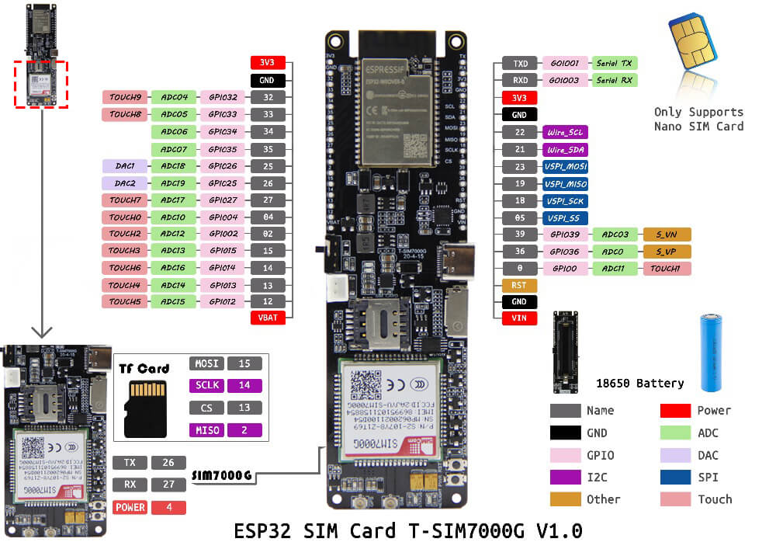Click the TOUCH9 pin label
(124, 98)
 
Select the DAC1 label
(124, 166)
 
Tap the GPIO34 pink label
(222, 132)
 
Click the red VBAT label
(268, 318)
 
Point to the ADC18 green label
(173, 166)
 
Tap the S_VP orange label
(665, 252)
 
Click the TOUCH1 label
(665, 269)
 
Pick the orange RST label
(519, 286)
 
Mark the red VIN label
(519, 318)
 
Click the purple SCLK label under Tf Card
(206, 385)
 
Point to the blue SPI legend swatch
(676, 477)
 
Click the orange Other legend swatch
(566, 499)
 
